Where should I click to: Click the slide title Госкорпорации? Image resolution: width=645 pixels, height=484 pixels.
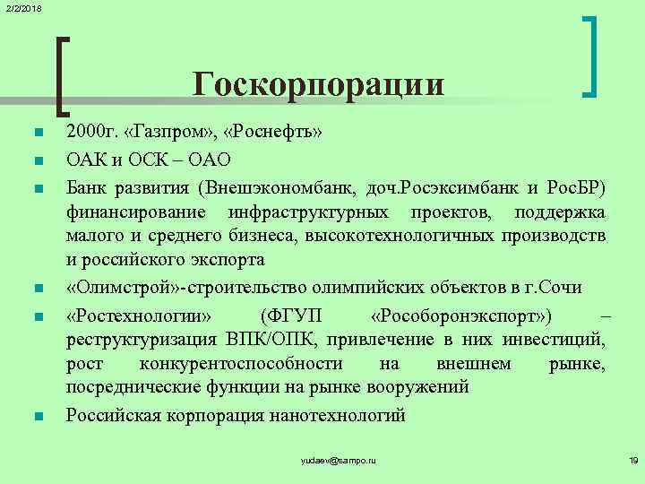(318, 84)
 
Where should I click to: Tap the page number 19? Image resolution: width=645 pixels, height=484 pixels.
(632, 460)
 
